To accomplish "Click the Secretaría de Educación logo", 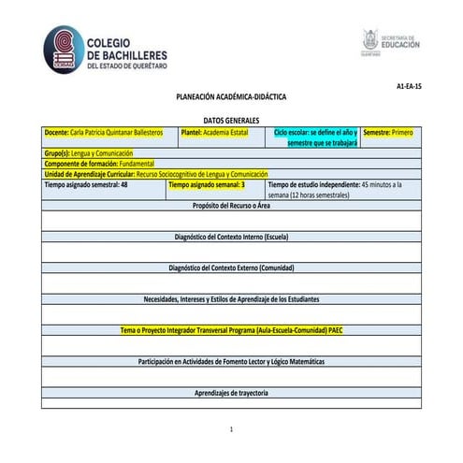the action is click(391, 42).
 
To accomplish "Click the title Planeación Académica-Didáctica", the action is click(231, 97).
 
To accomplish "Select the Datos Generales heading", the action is click(231, 122).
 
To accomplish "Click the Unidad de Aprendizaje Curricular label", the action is click(75, 174).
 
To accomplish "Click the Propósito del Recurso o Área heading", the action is click(231, 206).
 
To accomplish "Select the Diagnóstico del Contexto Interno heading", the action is click(231, 237).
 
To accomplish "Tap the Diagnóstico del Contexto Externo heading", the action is click(231, 268).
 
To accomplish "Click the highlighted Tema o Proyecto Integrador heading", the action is click(231, 330).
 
